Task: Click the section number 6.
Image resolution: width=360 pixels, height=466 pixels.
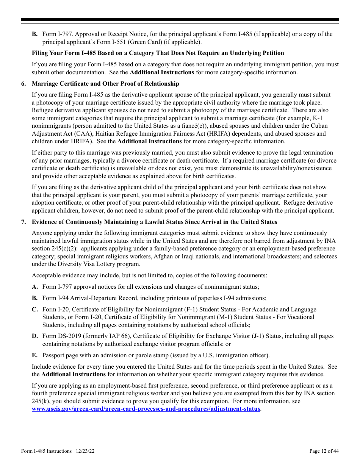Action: click(x=23, y=84)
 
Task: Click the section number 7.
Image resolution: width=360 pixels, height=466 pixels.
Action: click(x=23, y=222)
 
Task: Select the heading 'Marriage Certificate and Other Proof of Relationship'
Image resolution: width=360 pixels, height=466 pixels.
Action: click(x=105, y=84)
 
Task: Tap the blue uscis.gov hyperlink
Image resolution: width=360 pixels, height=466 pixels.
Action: click(x=146, y=409)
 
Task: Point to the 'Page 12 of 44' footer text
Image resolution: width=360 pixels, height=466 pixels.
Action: click(x=324, y=451)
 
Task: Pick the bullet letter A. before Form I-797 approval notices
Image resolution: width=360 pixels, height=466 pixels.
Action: click(x=35, y=287)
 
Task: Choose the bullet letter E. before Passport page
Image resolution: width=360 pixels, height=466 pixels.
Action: click(x=35, y=355)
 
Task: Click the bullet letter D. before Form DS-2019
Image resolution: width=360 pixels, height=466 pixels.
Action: click(x=35, y=336)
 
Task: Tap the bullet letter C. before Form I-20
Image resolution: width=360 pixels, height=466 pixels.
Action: click(x=35, y=310)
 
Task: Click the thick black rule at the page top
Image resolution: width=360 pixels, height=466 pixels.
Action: click(x=180, y=20)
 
